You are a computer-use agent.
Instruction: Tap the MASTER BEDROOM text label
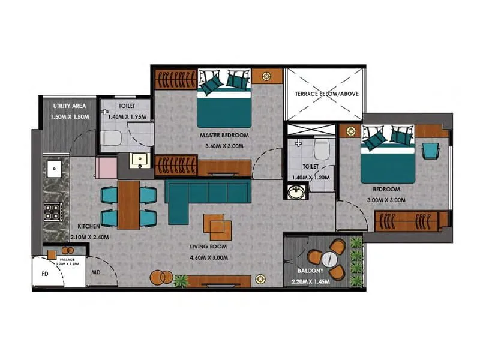[x=224, y=136]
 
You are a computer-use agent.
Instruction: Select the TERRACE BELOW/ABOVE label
[x=324, y=94]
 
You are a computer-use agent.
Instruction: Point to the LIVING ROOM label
[x=207, y=247]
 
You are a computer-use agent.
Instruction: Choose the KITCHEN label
[x=89, y=226]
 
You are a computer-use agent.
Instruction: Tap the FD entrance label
[x=44, y=273]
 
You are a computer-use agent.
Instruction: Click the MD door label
[x=95, y=272]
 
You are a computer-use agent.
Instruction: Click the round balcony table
[x=329, y=259]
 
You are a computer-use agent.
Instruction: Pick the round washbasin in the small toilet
[x=295, y=192]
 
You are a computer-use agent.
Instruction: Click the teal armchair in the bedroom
[x=430, y=150]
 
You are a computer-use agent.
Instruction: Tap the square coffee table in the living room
[x=217, y=224]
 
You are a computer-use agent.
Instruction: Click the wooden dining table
[x=128, y=205]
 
